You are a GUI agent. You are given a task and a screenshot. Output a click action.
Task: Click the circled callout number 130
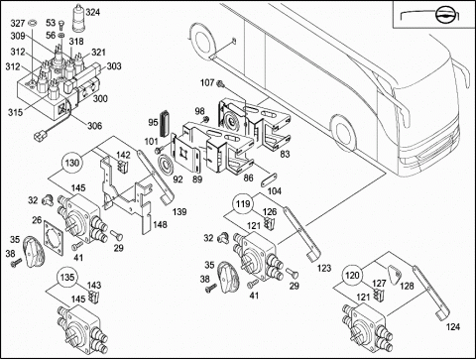pyautogui.click(x=72, y=163)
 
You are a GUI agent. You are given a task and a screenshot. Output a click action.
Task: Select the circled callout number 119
pyautogui.click(x=243, y=203)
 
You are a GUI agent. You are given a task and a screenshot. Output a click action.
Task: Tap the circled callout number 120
pyautogui.click(x=352, y=275)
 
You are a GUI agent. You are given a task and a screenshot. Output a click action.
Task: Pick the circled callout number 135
pyautogui.click(x=67, y=277)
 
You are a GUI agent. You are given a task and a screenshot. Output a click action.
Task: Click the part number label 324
pyautogui.click(x=93, y=13)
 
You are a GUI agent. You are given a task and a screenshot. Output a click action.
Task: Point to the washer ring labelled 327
pyautogui.click(x=33, y=23)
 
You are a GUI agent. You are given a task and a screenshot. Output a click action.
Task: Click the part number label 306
pyautogui.click(x=94, y=126)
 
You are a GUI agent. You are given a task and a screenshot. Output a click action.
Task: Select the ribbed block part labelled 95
pyautogui.click(x=165, y=123)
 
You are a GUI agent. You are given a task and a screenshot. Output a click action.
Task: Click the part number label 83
pyautogui.click(x=285, y=154)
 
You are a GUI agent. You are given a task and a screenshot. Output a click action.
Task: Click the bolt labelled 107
pyautogui.click(x=220, y=84)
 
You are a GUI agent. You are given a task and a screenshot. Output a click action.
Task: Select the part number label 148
pyautogui.click(x=160, y=225)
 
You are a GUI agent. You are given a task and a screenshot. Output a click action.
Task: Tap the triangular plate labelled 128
pyautogui.click(x=395, y=276)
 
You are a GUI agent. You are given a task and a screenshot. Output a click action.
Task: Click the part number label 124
pyautogui.click(x=453, y=327)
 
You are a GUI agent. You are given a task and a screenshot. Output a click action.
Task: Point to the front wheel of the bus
pyautogui.click(x=344, y=134)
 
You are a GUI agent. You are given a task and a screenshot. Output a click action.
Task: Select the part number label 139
pyautogui.click(x=179, y=212)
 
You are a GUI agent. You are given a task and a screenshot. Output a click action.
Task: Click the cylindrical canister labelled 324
pyautogui.click(x=78, y=18)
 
